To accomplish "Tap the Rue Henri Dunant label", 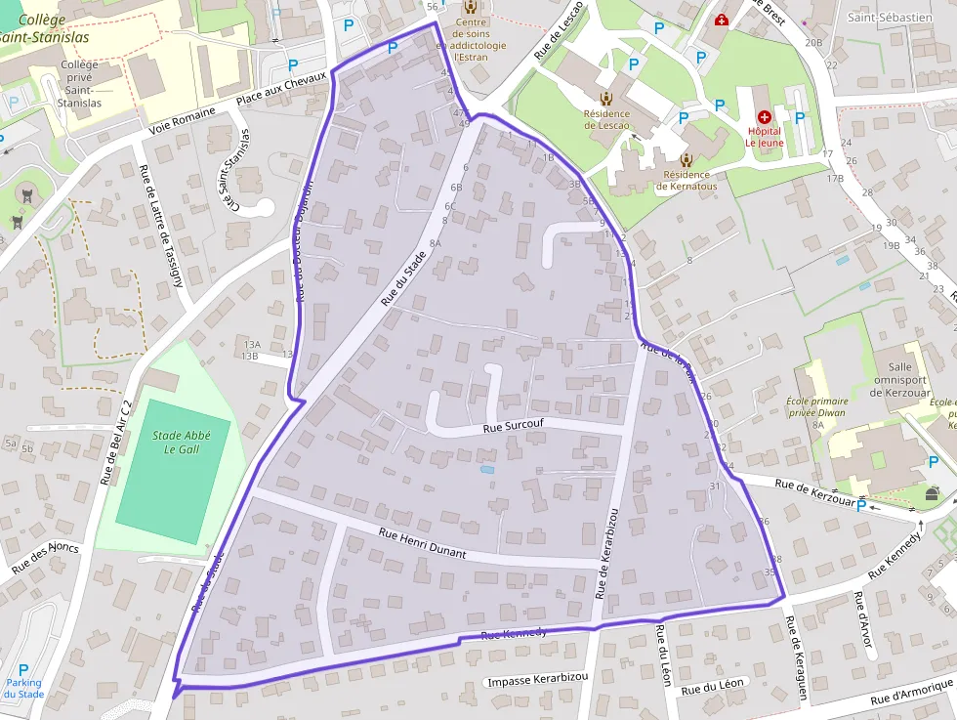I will [422, 544].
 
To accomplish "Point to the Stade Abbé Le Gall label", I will [174, 443].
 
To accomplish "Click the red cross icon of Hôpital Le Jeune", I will [764, 116].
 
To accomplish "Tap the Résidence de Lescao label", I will [606, 119].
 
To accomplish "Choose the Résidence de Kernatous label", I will [688, 181].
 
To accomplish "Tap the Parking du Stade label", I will [23, 688].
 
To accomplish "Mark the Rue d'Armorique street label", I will [912, 693].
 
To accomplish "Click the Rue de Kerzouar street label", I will [814, 492].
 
